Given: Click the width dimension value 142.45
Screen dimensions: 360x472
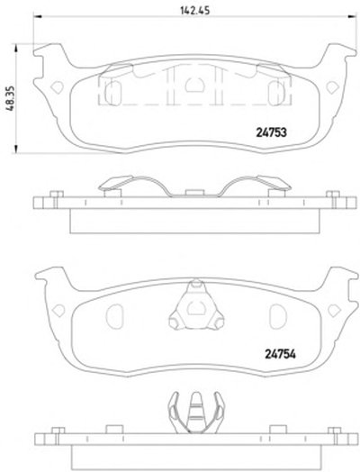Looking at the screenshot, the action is coord(194,11).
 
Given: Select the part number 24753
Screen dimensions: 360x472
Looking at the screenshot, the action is coord(271,132).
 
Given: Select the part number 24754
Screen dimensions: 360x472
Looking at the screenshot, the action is coord(280,354).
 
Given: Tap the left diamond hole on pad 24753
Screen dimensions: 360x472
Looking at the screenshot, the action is coord(57,87).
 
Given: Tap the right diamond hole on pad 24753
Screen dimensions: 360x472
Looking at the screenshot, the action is coord(333,87).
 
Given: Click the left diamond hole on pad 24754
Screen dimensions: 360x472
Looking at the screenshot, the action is coord(58,311).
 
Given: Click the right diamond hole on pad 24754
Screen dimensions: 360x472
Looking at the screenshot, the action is coord(334,311).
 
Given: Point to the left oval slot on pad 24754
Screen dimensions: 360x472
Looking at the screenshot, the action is coord(114,316).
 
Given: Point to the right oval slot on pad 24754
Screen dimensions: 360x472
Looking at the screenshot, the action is coord(277,316).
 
